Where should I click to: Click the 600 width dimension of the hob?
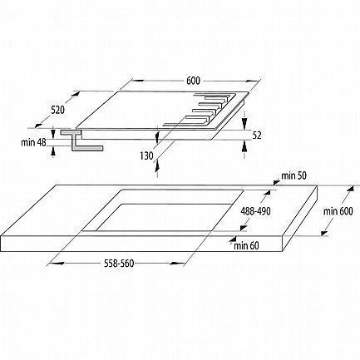(193, 81)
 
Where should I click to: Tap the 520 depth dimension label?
(57, 110)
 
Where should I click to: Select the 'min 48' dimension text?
(33, 142)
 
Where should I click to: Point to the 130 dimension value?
(146, 156)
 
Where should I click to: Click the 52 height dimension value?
(257, 136)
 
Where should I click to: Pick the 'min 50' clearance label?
(293, 175)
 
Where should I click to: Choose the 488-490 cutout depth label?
(255, 211)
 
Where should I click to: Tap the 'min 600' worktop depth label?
(338, 211)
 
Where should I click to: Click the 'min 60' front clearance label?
(246, 245)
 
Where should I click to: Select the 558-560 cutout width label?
(119, 263)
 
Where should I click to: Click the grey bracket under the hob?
(81, 141)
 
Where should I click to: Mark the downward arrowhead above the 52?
(244, 121)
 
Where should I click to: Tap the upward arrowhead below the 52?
(244, 145)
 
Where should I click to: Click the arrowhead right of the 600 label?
(252, 81)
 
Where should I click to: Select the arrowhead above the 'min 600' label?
(350, 189)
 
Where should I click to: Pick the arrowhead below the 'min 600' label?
(325, 233)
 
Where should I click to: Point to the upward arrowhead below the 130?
(157, 166)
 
